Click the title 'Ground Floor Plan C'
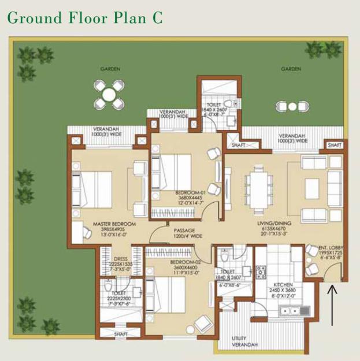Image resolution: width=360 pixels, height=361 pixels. point(85,17)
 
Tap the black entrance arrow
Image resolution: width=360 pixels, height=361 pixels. point(333,297)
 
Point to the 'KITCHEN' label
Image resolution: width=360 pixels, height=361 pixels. point(283,285)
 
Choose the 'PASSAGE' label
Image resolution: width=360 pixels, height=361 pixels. point(184,229)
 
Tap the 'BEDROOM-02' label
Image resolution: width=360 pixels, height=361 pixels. point(186,262)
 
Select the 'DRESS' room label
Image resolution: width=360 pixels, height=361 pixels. point(120,259)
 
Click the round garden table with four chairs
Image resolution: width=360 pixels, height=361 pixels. point(109,94)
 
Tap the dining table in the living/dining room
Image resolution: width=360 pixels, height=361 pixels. point(255,187)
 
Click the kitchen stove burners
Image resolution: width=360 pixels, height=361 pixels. point(260,271)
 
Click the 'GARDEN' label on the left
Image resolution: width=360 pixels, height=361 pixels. point(110,69)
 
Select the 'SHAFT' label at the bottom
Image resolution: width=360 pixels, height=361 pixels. point(121,334)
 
